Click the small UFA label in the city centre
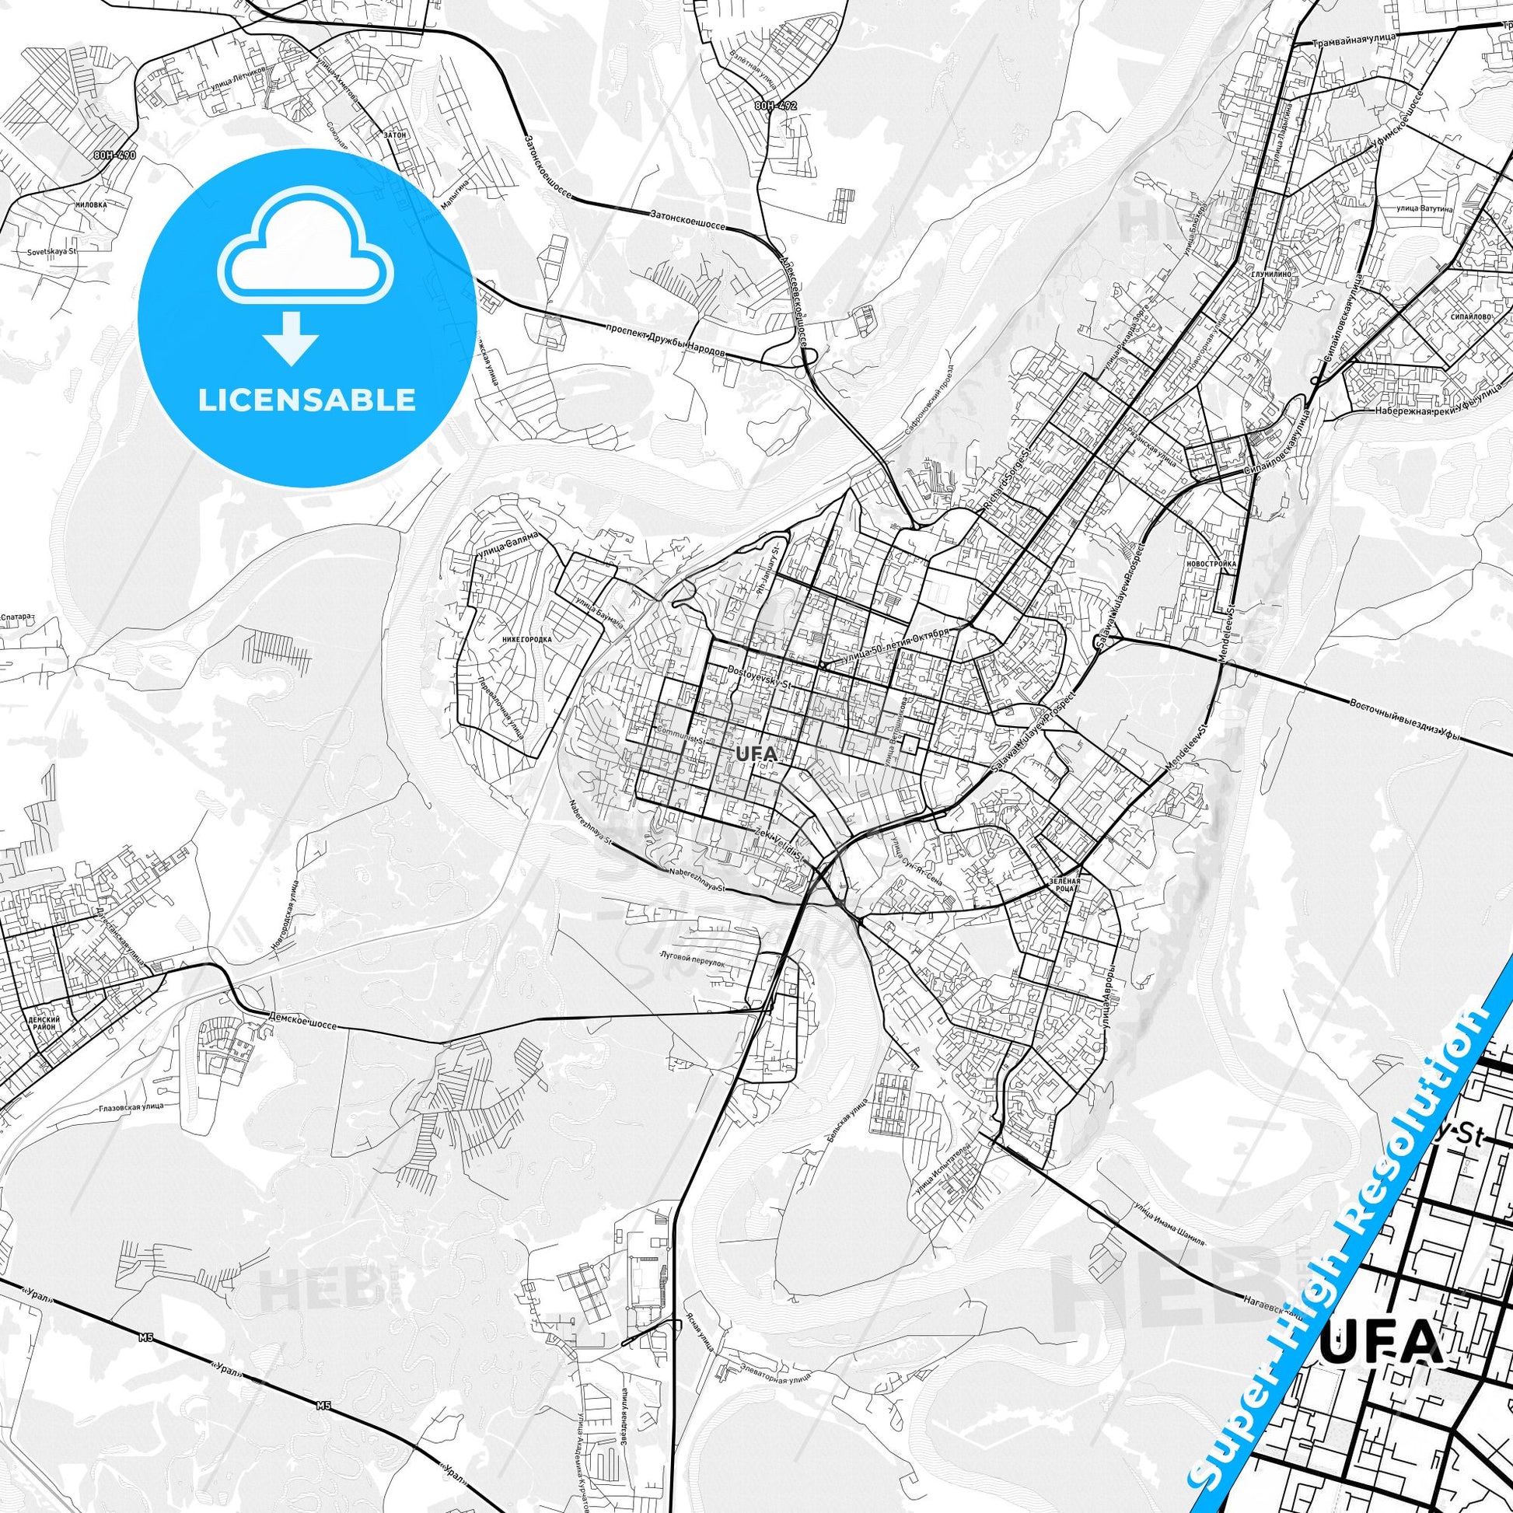click(756, 753)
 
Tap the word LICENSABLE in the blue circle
click(306, 400)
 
